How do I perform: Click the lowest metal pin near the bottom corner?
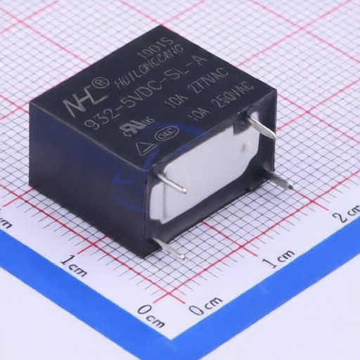[x=169, y=248]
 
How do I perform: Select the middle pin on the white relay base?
[x=172, y=183]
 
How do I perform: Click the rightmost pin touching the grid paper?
[x=281, y=182]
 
